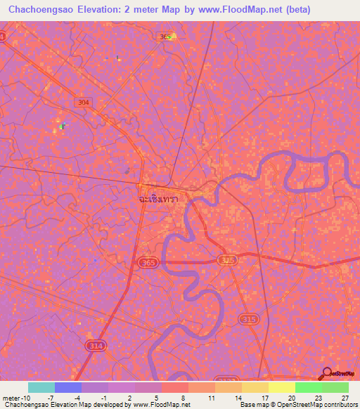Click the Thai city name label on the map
pos(157,199)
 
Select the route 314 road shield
pos(95,345)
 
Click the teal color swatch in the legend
pos(41,387)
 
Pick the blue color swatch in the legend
pos(68,387)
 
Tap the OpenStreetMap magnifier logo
pos(327,372)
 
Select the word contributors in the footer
pos(340,405)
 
